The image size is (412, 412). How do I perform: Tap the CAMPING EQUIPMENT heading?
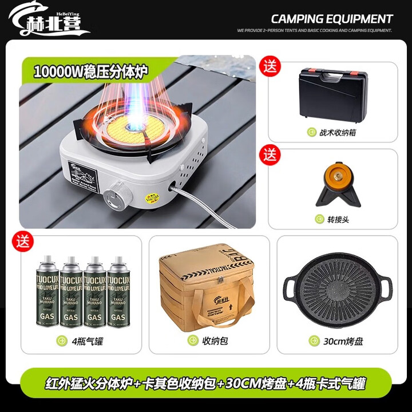[332, 19]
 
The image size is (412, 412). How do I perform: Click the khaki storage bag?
[209, 289]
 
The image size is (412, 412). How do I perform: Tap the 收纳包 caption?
[215, 341]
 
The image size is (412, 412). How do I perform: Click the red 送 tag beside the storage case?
[270, 65]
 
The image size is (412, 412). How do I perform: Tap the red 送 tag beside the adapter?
[270, 154]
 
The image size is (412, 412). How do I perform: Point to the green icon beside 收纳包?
[193, 341]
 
